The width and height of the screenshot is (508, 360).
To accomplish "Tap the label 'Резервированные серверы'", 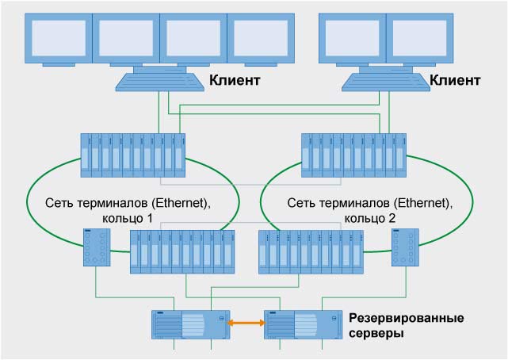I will coord(405,325).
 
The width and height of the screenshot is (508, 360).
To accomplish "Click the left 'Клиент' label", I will coord(235,81).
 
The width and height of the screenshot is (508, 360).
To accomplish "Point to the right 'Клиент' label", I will coord(455,81).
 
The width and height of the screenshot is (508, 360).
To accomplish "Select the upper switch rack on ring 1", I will coord(133,155).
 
